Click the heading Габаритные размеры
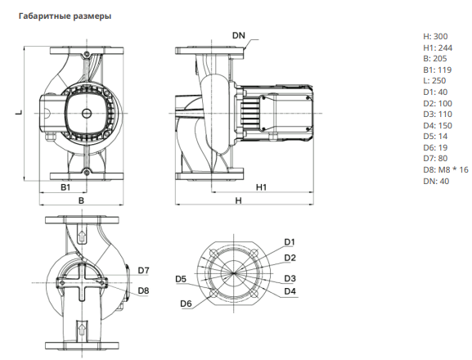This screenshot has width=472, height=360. (65, 16)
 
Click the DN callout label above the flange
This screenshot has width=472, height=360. (239, 35)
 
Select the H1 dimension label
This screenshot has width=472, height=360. (261, 187)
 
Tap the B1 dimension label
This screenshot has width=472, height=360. (65, 187)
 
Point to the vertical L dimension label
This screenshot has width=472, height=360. (19, 112)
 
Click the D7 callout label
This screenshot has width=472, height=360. (144, 271)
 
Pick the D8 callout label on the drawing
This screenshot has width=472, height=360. (144, 290)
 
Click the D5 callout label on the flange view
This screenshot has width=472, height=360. (181, 279)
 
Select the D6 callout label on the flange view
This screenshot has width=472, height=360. (186, 304)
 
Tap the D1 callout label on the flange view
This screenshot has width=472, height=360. (290, 242)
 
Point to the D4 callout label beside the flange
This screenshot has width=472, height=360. (290, 291)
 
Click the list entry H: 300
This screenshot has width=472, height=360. (435, 37)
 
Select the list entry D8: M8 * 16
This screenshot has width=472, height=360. (446, 169)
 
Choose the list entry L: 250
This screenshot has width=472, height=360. (434, 81)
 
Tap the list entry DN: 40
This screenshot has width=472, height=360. (436, 181)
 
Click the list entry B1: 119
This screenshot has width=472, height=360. (438, 70)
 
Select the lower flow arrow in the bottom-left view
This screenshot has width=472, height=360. (82, 328)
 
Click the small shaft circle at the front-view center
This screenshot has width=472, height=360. (87, 113)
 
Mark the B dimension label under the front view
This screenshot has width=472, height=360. (81, 200)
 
